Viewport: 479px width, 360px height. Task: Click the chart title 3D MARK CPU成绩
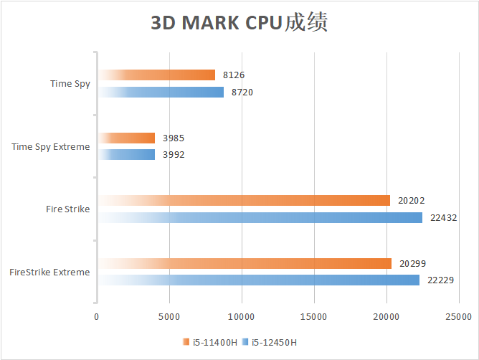tap(239, 23)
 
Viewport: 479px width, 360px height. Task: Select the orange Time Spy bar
tap(157, 75)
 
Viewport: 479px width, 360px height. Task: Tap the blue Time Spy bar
tap(161, 92)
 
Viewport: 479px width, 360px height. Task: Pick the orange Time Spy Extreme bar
tap(127, 138)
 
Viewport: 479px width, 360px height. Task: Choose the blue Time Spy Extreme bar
tap(127, 154)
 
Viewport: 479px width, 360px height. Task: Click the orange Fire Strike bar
tap(244, 200)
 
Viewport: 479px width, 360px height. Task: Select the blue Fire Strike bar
tap(260, 217)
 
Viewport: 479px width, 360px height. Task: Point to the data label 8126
tap(234, 75)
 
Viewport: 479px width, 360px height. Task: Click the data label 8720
tap(242, 92)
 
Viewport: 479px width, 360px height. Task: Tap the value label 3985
tap(174, 138)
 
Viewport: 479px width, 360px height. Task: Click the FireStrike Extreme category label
tap(49, 272)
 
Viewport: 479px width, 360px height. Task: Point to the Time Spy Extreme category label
tap(51, 147)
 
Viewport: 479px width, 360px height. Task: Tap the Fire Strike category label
tap(67, 209)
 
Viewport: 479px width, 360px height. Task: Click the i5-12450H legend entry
tap(272, 342)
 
